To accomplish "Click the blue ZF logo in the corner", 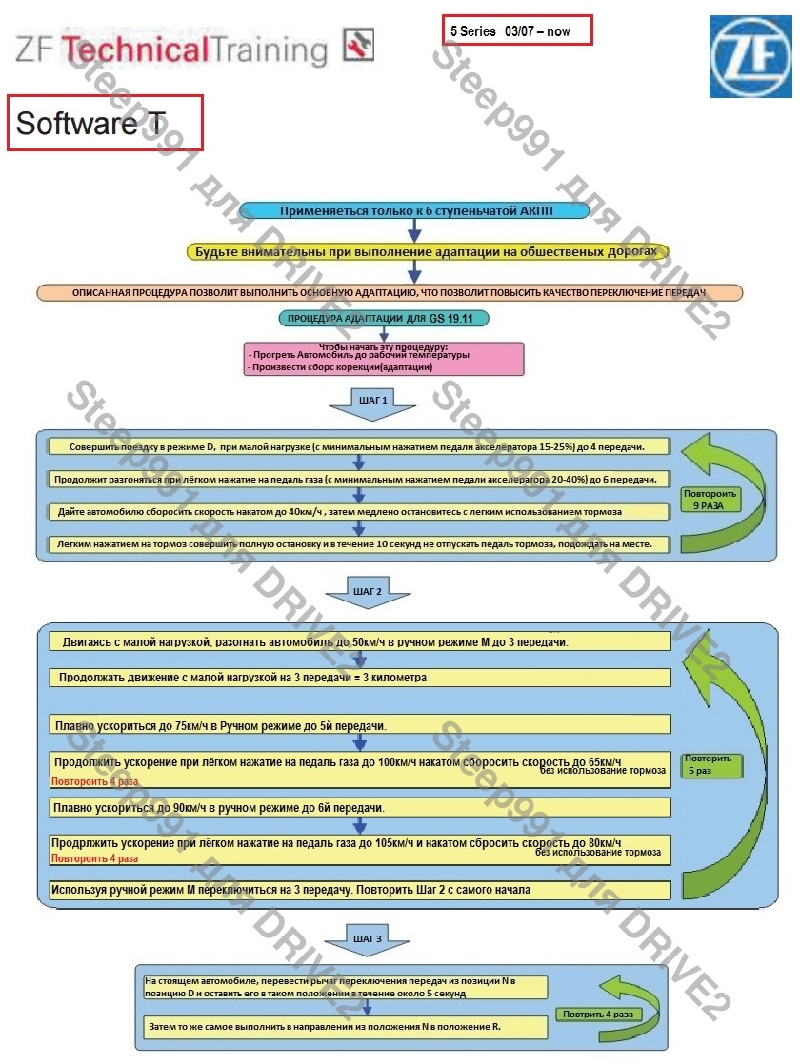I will (x=750, y=56).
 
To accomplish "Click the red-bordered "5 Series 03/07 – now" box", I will (x=517, y=30).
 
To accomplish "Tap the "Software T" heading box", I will (x=106, y=123).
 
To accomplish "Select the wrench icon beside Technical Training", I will (x=358, y=45).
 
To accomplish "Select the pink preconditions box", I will (x=383, y=359).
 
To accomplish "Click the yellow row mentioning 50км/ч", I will (x=360, y=642).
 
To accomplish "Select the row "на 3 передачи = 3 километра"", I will (x=360, y=678).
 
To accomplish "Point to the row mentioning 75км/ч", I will (x=360, y=725).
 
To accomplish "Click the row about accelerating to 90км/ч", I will (x=360, y=808).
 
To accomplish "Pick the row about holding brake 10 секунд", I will (x=360, y=544).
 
